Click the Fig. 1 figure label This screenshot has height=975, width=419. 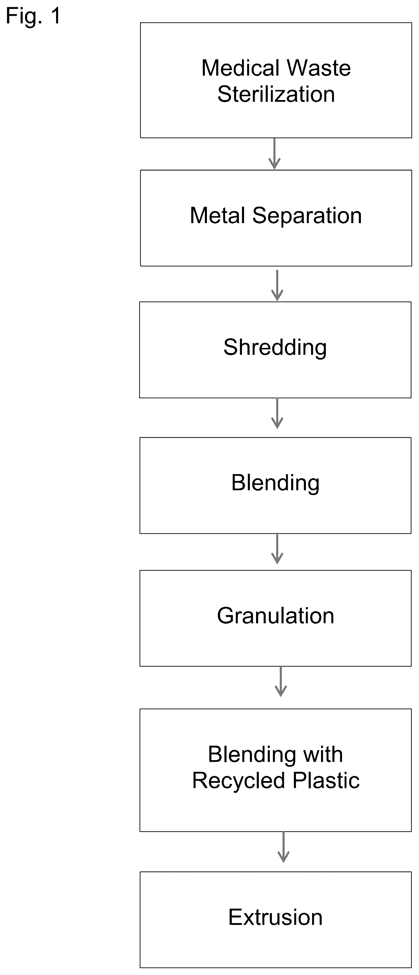(x=33, y=16)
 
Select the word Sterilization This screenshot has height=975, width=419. (x=276, y=94)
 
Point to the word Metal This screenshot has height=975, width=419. (x=218, y=216)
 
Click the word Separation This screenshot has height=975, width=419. (x=307, y=216)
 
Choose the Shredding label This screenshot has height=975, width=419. (x=275, y=348)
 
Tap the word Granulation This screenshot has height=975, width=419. (x=276, y=616)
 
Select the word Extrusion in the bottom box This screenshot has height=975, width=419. (x=276, y=918)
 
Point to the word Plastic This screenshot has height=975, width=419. (x=325, y=780)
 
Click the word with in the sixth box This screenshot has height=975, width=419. (x=323, y=754)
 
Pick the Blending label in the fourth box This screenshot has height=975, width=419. (x=276, y=483)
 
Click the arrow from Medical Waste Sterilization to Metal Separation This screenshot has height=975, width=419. (x=274, y=154)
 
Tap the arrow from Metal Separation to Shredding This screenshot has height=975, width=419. (x=277, y=285)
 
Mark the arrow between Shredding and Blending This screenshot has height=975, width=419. (x=277, y=413)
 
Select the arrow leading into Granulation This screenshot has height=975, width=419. (x=277, y=548)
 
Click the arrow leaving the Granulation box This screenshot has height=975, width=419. (x=280, y=681)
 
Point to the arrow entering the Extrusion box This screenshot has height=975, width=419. (x=284, y=847)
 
